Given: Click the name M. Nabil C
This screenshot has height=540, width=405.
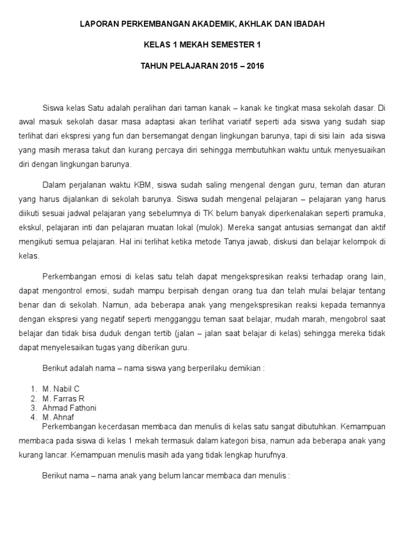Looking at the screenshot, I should tap(61, 389).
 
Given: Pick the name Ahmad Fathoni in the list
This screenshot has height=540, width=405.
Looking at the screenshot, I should tap(69, 408).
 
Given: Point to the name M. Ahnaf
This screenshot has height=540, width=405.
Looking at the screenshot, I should tap(59, 417).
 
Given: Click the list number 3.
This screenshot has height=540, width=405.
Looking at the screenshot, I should tap(33, 408).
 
